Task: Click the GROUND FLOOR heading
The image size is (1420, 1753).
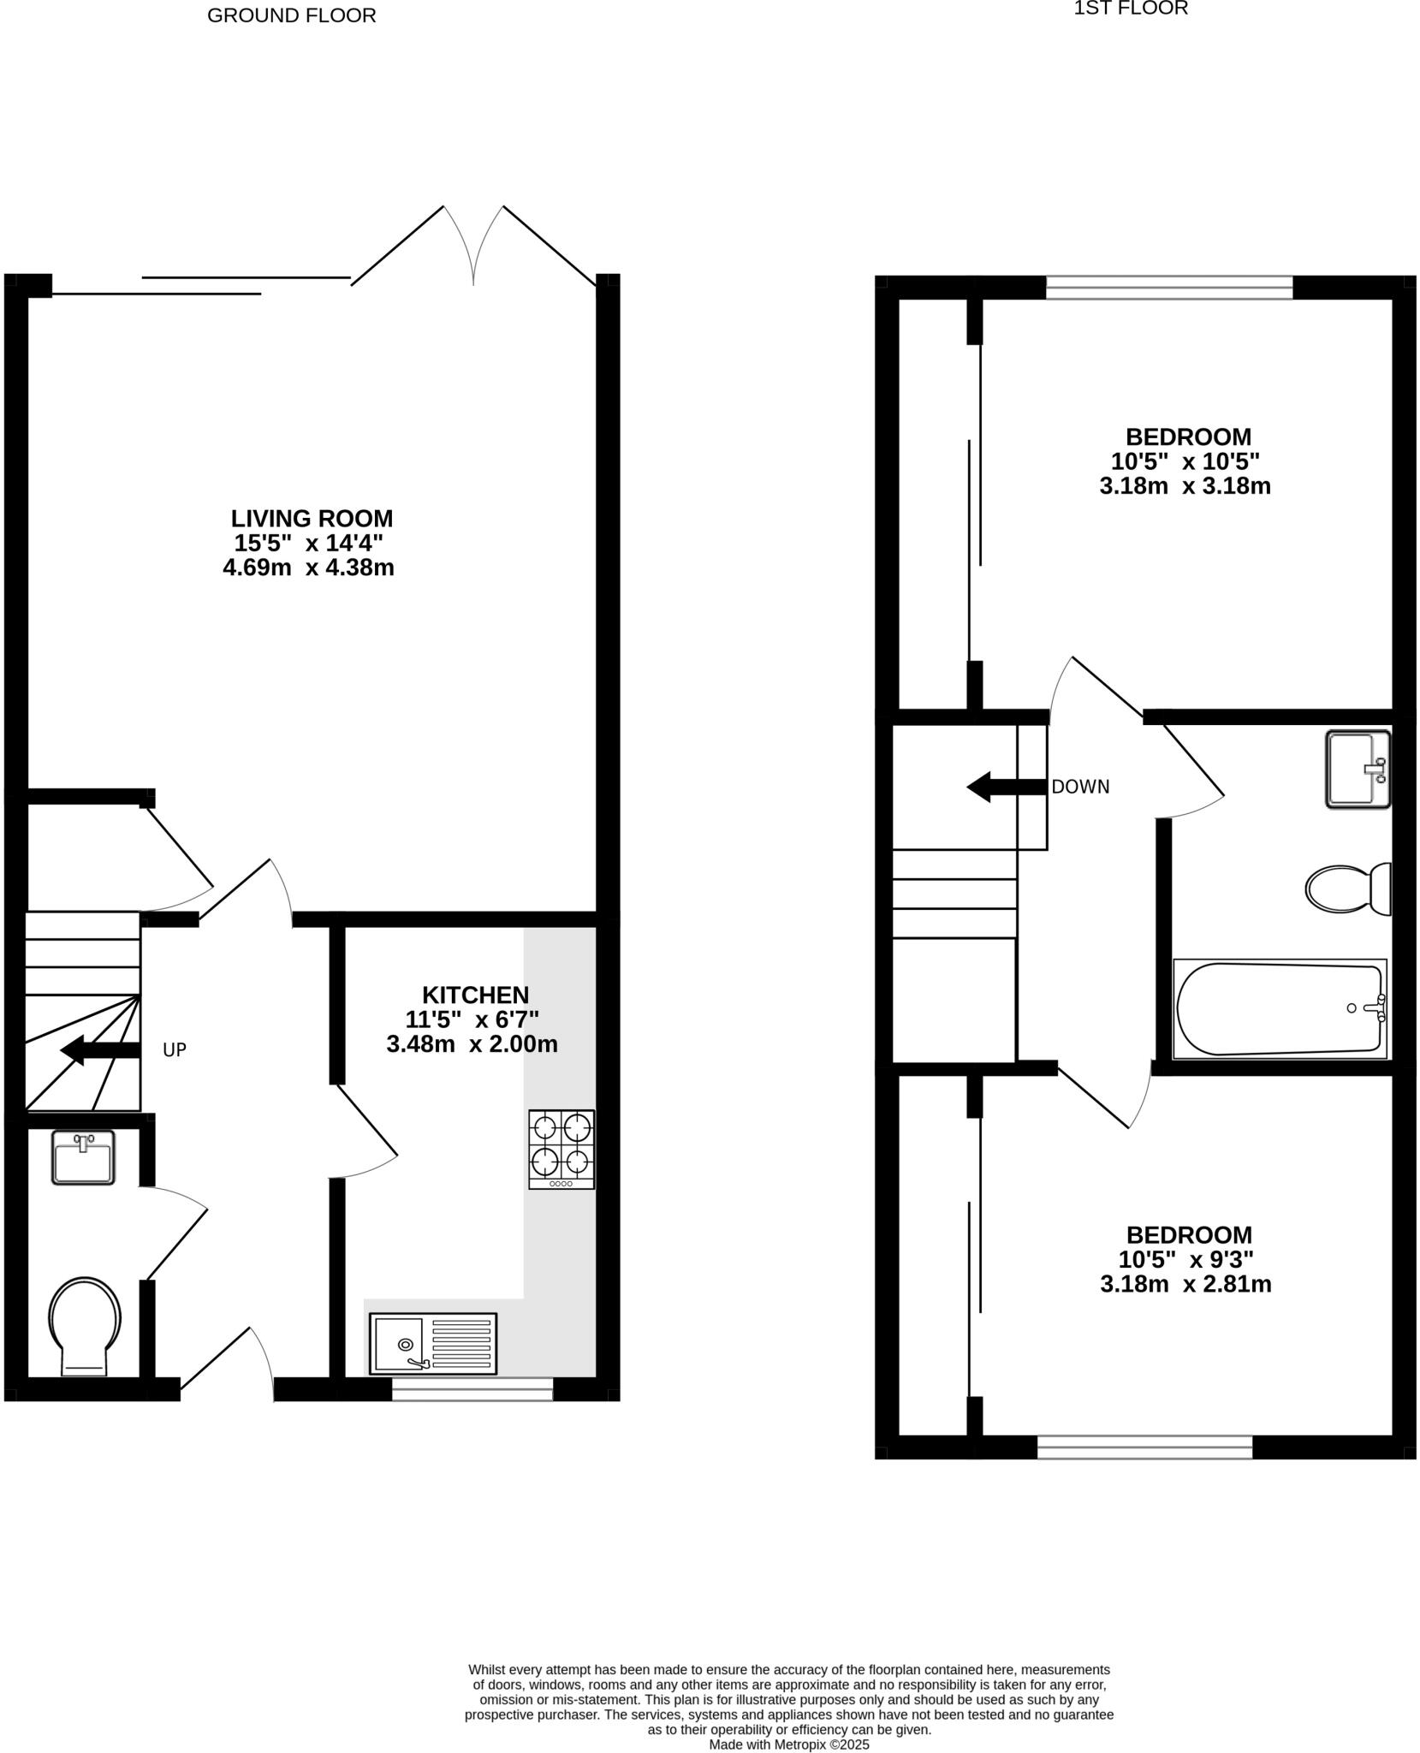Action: tap(291, 15)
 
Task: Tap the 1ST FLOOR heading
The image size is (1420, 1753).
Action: tap(1131, 9)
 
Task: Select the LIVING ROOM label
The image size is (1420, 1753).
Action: tap(312, 519)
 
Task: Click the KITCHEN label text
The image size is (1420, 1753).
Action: tap(475, 995)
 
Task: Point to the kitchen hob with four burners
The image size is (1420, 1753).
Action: tap(561, 1150)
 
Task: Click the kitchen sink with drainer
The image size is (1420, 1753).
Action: tap(433, 1344)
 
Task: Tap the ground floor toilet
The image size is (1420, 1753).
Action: tap(85, 1325)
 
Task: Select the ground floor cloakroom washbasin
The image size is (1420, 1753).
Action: tap(83, 1157)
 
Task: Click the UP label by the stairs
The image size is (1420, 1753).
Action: tap(175, 1050)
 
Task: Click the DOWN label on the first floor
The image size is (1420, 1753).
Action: tap(1080, 787)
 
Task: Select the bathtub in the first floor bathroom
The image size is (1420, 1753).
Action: tap(1280, 1009)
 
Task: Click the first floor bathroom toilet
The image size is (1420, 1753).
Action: tap(1348, 889)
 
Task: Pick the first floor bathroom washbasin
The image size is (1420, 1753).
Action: tap(1358, 769)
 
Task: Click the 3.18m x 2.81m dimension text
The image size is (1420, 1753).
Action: tap(1185, 1284)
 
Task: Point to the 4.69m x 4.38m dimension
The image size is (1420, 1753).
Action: tap(308, 567)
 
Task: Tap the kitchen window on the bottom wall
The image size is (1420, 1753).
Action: tap(472, 1388)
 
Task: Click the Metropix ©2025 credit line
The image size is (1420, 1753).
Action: tap(788, 1744)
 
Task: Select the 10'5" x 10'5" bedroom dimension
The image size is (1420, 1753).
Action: tap(1185, 462)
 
